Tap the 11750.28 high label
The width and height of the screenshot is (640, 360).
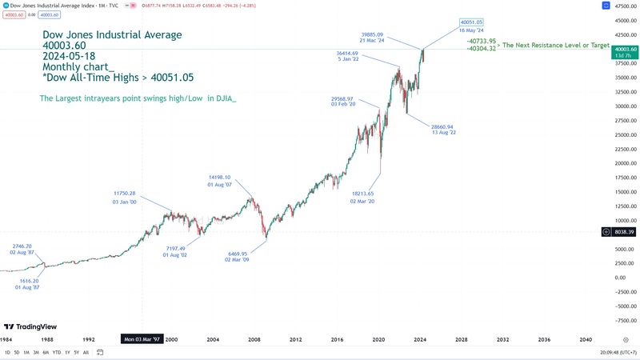coord(125,194)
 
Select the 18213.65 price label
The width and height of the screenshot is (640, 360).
coord(362,194)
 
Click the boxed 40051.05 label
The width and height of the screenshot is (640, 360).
coord(471,22)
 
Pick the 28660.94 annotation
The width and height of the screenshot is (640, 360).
coord(442,126)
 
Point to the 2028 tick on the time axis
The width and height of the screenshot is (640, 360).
coord(461,339)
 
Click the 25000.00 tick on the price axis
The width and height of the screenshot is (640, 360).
coord(624,134)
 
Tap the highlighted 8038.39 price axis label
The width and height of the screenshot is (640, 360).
coord(624,231)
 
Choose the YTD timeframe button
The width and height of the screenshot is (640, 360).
coord(57,352)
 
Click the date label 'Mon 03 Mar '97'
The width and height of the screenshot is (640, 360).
coord(142,339)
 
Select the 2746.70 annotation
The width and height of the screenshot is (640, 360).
coord(22,246)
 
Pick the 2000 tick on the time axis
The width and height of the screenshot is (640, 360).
coord(170,339)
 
